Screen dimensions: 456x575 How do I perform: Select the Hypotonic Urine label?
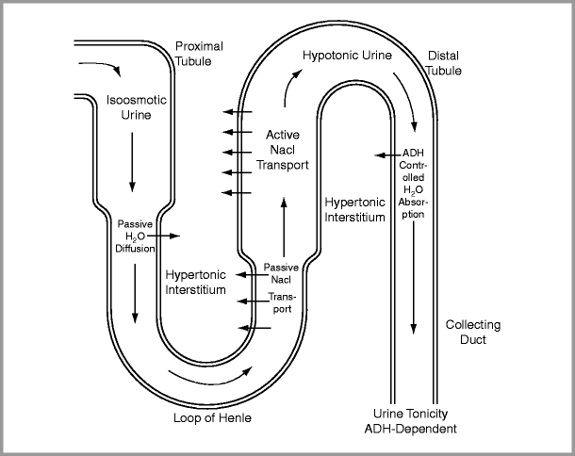pos(348,57)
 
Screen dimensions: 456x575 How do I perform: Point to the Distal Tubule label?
pos(444,63)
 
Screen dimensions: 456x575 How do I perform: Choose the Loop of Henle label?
pos(213,417)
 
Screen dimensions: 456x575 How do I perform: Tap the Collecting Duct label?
pos(472,332)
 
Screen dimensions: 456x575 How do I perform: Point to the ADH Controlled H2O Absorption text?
pos(413,184)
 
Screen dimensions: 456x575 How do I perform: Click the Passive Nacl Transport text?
pos(281,288)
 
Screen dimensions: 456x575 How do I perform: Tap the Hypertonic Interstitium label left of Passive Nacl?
pos(195,282)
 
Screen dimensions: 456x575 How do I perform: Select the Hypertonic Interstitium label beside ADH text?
pos(354,209)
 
